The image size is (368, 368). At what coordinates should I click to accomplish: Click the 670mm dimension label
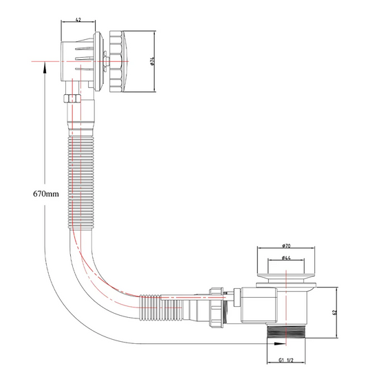click(46, 194)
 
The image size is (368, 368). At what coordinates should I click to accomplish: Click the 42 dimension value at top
click(78, 20)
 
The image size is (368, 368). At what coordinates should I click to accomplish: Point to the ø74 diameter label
click(152, 61)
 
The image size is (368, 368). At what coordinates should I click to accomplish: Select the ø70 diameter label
click(286, 246)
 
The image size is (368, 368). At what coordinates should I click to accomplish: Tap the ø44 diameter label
click(286, 258)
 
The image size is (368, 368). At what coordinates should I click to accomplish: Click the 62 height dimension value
click(334, 312)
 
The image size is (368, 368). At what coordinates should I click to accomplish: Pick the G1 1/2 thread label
click(286, 360)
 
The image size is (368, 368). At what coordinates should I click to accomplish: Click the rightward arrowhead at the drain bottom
click(280, 344)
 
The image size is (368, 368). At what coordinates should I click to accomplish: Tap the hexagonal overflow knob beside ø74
click(116, 61)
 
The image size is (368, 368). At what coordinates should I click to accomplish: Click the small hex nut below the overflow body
click(72, 98)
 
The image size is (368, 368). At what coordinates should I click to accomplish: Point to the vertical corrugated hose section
click(81, 182)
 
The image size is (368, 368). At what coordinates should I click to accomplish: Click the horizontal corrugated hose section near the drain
click(161, 307)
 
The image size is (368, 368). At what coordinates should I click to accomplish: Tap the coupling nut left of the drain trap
click(217, 307)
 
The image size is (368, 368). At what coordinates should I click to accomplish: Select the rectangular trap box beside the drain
click(259, 305)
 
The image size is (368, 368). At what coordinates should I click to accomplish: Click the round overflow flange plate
click(99, 61)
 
